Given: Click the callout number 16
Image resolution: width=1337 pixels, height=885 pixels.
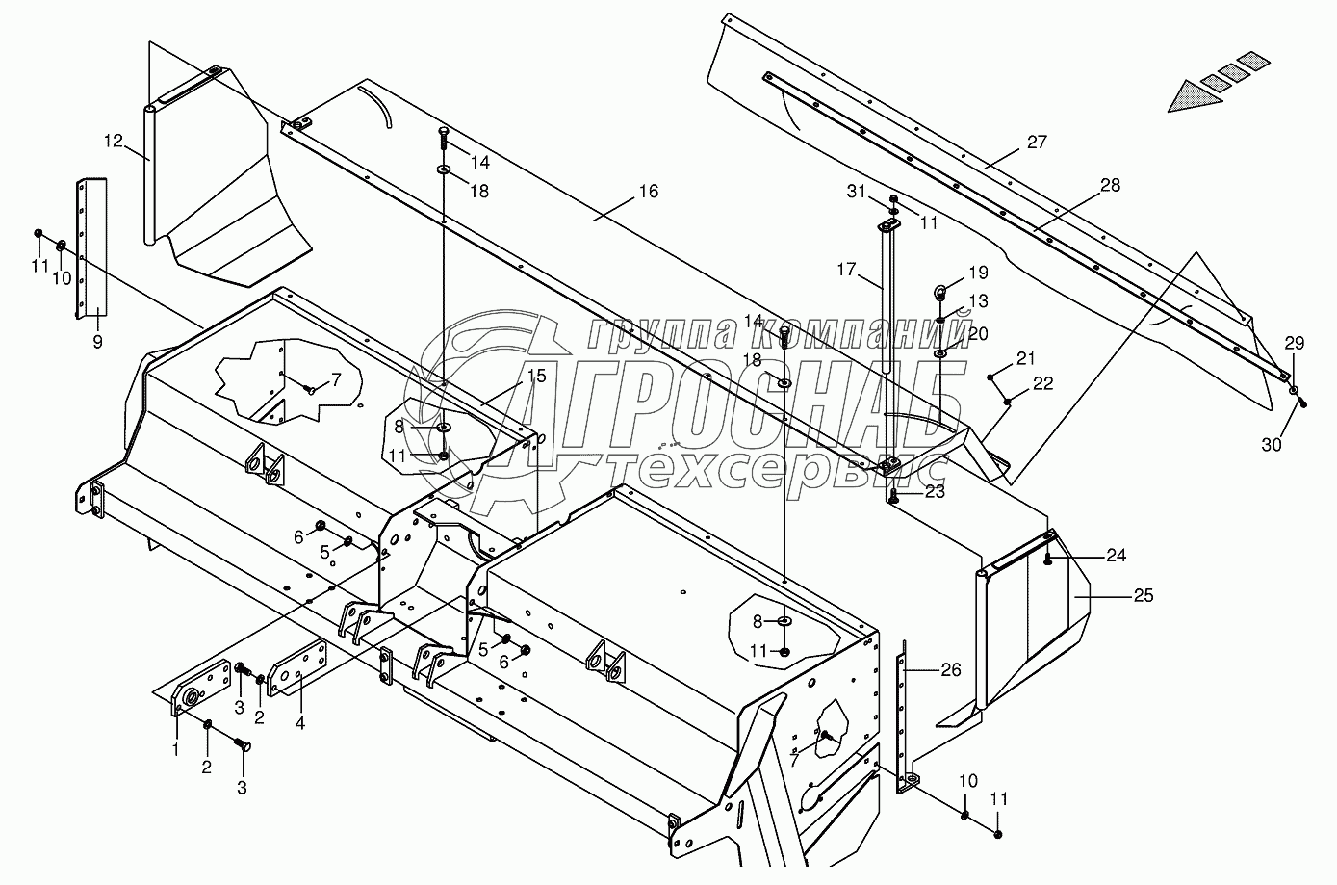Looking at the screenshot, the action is tap(648, 192).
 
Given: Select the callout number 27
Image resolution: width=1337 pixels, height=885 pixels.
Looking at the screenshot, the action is tap(1036, 143).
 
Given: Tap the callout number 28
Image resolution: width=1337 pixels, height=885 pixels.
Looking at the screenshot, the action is tap(1110, 186).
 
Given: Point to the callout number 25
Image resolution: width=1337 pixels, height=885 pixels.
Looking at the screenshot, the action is tap(1143, 596).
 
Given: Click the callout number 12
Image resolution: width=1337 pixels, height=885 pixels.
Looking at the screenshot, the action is tap(114, 142).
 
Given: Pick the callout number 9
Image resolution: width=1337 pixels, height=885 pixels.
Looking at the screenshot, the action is tap(97, 341).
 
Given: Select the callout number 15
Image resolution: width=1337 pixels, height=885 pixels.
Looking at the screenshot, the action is tap(536, 376).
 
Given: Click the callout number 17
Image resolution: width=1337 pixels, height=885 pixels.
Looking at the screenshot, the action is tap(845, 272).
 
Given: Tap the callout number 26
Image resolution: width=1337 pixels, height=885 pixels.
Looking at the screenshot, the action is tap(950, 670).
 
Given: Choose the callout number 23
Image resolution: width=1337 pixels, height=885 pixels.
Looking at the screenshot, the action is tap(935, 492).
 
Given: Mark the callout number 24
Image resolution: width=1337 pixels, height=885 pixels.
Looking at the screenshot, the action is tap(1116, 556).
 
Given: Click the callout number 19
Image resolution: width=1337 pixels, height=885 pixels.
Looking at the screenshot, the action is tap(978, 273).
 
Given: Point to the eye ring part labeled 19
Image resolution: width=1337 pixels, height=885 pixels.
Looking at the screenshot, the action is tap(940, 290).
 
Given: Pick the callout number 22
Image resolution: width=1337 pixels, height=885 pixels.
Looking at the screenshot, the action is tap(1043, 383).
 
